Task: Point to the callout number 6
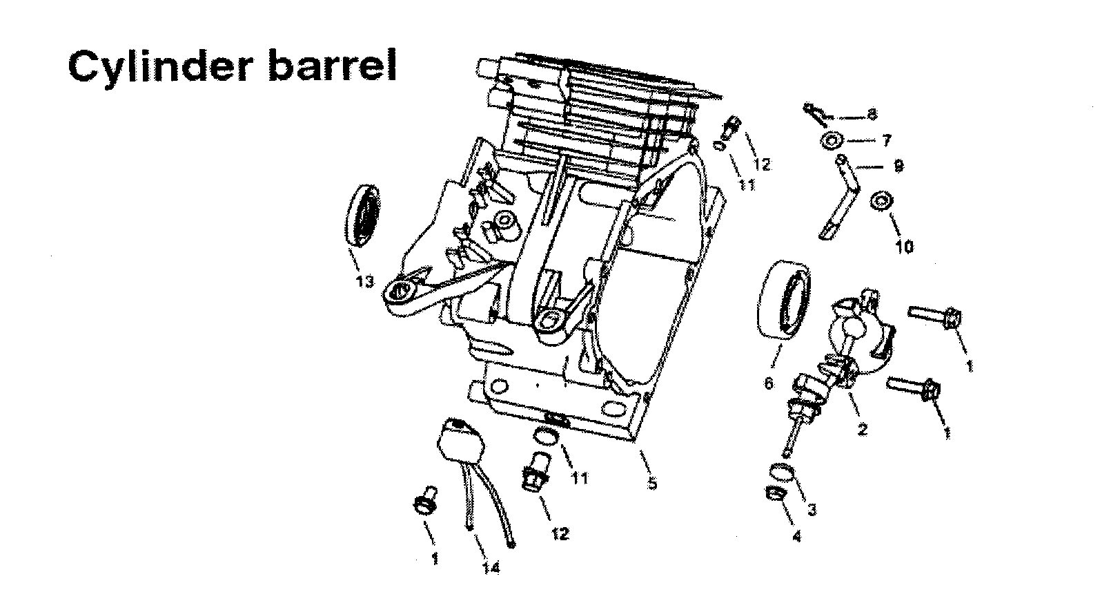coord(769,383)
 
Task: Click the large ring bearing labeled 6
coord(785,298)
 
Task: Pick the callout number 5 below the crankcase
coord(652,484)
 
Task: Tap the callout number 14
coord(491,567)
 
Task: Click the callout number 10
coord(904,247)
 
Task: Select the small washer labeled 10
coord(881,201)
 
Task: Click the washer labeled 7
coord(830,141)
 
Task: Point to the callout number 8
coord(872,115)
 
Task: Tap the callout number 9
coord(898,166)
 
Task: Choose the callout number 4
coord(797,536)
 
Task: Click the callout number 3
coord(812,510)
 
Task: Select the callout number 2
coord(862,429)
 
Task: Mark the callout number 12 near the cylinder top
coord(762,164)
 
